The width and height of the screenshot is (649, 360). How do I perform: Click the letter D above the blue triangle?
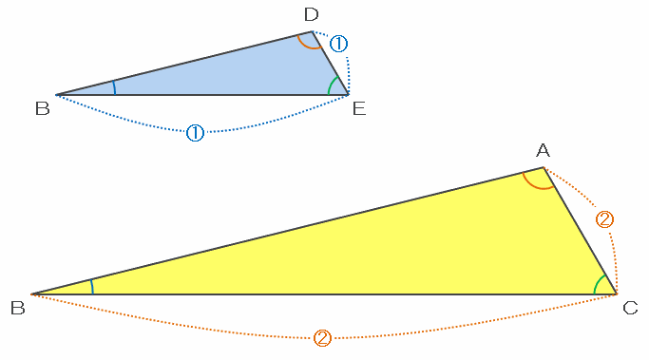pyautogui.click(x=312, y=14)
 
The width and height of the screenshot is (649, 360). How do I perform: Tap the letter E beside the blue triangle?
pyautogui.click(x=359, y=108)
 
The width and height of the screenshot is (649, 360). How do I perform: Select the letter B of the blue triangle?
pyautogui.click(x=43, y=108)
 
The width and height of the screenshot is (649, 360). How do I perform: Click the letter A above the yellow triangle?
pyautogui.click(x=543, y=150)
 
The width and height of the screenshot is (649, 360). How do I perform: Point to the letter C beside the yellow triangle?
pyautogui.click(x=630, y=308)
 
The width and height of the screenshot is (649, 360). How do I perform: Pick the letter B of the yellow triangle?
pyautogui.click(x=18, y=308)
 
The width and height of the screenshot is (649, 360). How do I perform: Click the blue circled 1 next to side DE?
pyautogui.click(x=338, y=44)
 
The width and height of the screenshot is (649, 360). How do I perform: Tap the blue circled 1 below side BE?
pyautogui.click(x=195, y=133)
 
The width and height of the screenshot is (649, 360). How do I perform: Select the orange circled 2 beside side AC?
pyautogui.click(x=604, y=219)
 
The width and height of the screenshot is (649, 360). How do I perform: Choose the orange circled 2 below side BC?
pyautogui.click(x=322, y=338)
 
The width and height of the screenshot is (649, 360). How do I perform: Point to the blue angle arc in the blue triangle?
pyautogui.click(x=115, y=87)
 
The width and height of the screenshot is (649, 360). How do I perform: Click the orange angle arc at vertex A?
pyautogui.click(x=535, y=187)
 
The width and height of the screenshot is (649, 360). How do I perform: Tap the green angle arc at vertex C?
pyautogui.click(x=598, y=283)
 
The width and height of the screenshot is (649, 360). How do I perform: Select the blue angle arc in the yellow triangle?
pyautogui.click(x=92, y=286)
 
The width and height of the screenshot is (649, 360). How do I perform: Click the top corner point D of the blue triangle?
pyautogui.click(x=312, y=31)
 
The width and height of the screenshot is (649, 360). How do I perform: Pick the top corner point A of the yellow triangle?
pyautogui.click(x=544, y=167)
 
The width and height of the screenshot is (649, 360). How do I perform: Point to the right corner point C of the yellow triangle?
pyautogui.click(x=617, y=294)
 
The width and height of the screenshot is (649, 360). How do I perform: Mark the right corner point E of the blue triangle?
pyautogui.click(x=349, y=95)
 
